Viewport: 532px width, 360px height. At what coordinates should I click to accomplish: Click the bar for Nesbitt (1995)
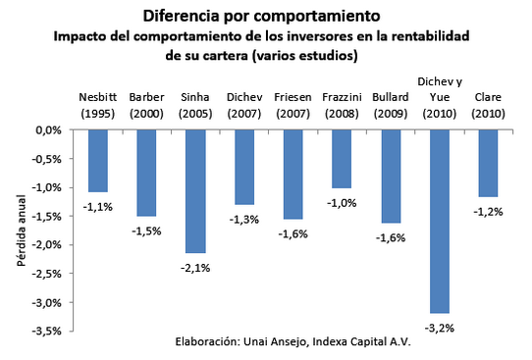click(96, 160)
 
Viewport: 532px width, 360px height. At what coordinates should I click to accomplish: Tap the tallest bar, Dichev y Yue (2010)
click(439, 221)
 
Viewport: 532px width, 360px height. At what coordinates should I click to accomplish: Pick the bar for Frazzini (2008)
click(342, 158)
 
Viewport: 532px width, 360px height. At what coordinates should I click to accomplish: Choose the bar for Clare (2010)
click(488, 163)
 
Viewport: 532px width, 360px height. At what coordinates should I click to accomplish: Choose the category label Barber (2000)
click(145, 104)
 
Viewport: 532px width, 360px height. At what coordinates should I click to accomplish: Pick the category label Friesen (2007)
click(293, 104)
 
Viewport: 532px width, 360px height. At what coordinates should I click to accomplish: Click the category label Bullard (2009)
click(391, 104)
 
